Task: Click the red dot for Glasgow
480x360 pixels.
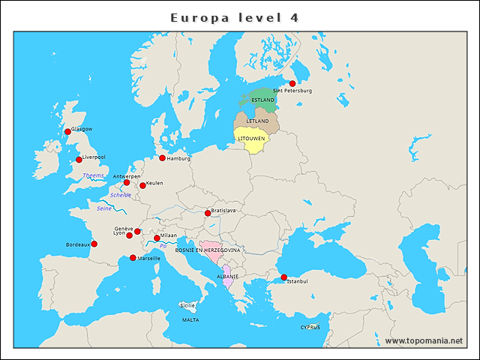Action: point(67,132)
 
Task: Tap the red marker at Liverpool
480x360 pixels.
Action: point(79,160)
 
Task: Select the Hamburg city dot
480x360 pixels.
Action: point(162,158)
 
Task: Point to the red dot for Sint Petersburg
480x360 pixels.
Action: point(292,84)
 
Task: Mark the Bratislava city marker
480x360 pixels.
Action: point(208,213)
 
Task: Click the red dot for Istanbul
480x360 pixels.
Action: point(283,277)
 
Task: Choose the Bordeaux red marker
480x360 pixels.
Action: point(94,244)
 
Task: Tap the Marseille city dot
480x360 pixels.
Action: point(133,258)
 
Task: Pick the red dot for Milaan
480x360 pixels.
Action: point(157,238)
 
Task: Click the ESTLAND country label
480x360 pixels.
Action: point(263,100)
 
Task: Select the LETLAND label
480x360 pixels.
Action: point(257,121)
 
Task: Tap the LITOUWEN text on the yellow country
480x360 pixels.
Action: point(250,139)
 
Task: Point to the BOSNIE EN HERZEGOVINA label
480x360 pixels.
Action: point(208,250)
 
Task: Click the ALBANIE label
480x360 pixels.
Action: point(227,277)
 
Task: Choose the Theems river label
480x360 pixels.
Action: point(94,175)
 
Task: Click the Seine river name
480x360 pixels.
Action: point(104,208)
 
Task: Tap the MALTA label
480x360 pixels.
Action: point(190,319)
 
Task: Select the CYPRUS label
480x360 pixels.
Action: point(310,327)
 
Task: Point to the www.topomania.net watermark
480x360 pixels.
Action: point(424,340)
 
